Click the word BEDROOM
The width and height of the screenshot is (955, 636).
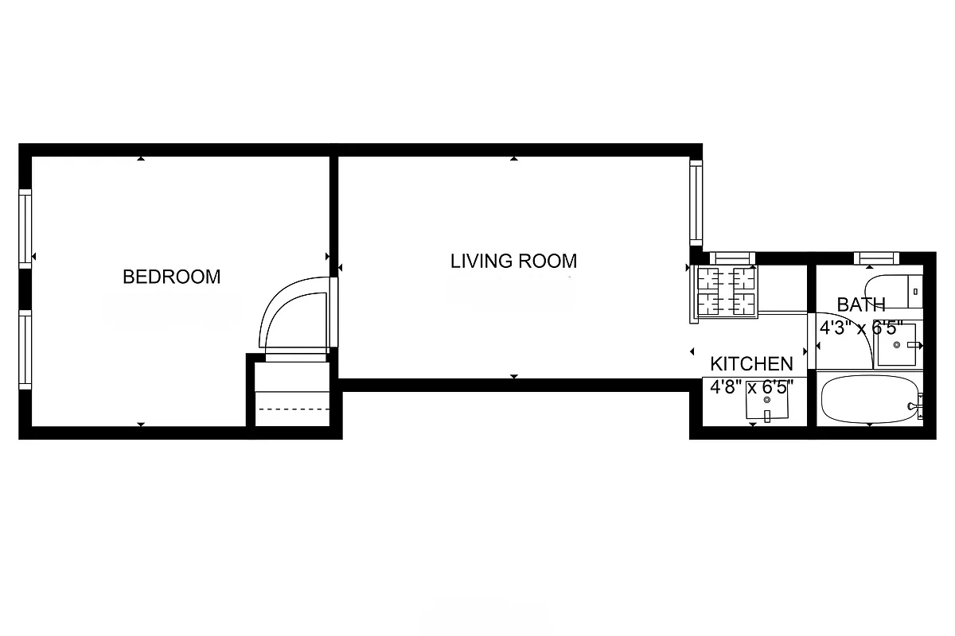(x=171, y=277)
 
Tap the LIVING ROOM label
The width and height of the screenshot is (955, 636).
(x=513, y=261)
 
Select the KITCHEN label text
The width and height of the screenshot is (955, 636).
(x=751, y=364)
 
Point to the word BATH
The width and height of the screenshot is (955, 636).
(x=861, y=304)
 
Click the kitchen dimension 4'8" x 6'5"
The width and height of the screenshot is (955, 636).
(x=751, y=387)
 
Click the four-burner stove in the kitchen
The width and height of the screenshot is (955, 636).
(x=725, y=292)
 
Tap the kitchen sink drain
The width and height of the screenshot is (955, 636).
(x=767, y=400)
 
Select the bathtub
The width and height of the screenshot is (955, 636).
(x=869, y=401)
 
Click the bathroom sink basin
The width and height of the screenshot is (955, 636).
(x=896, y=344)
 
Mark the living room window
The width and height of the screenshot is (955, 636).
(x=696, y=202)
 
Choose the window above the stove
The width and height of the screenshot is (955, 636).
(x=731, y=258)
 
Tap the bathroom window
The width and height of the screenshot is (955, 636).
(x=876, y=258)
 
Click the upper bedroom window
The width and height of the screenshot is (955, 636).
(x=25, y=228)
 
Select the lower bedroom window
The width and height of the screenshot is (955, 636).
(x=25, y=349)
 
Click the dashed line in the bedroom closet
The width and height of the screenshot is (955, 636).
(x=290, y=409)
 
